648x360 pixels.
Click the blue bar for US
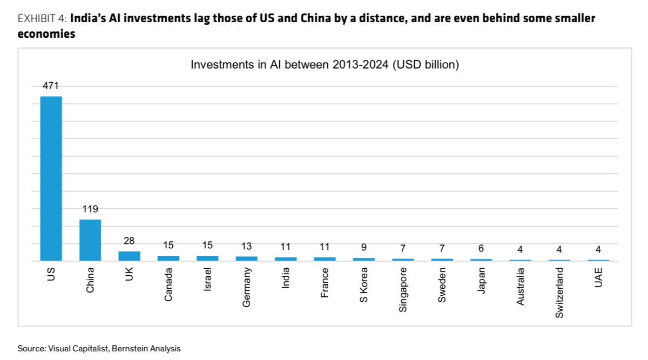point(51,178)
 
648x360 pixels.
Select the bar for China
point(90,240)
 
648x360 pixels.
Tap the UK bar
point(129,256)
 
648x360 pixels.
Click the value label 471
point(51,86)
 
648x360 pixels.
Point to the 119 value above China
point(90,209)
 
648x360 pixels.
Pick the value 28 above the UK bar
point(129,241)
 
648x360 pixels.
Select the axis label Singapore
point(403,289)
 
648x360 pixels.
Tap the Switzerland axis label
point(559,292)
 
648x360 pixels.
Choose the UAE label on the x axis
point(598,277)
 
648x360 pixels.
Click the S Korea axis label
point(364,284)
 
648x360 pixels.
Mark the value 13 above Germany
point(246,246)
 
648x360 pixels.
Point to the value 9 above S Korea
point(364,248)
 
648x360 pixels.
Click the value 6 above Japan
point(481,249)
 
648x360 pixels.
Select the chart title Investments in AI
point(325,65)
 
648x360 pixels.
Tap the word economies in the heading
point(46,34)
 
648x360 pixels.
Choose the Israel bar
point(207,258)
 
